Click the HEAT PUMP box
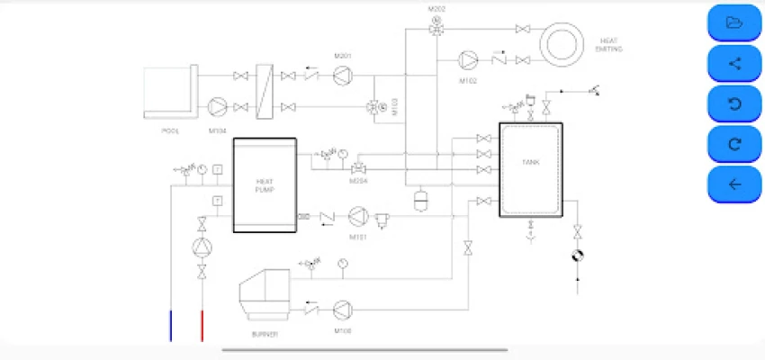pos(265,185)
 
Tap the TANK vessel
pos(531,169)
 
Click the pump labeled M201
pos(341,76)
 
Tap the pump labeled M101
pos(358,216)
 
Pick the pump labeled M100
pos(342,310)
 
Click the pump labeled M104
pos(218,107)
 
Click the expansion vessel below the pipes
pos(419,199)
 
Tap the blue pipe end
pos(171,325)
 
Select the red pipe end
pos(202,325)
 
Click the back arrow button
pos(734,184)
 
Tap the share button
pos(734,63)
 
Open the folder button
pos(734,22)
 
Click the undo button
pos(734,103)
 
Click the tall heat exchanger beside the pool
pos(264,92)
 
